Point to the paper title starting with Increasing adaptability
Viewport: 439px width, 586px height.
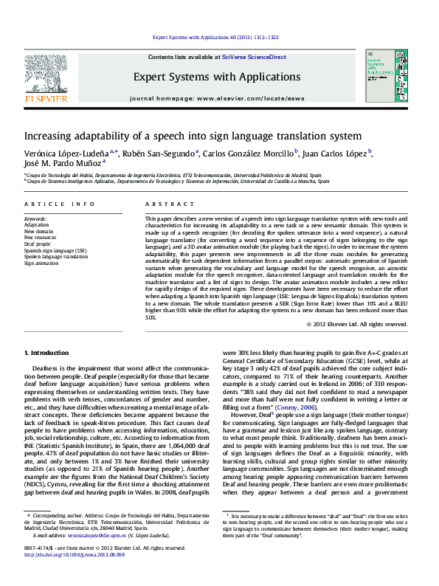pyautogui.click(x=182, y=137)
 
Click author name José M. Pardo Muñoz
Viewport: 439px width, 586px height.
pyautogui.click(x=63, y=165)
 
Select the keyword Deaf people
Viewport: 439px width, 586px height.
pyautogui.click(x=38, y=243)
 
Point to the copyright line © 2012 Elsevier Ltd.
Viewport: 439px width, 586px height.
pyautogui.click(x=356, y=324)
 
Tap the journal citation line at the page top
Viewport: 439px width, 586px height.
pyautogui.click(x=215, y=37)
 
